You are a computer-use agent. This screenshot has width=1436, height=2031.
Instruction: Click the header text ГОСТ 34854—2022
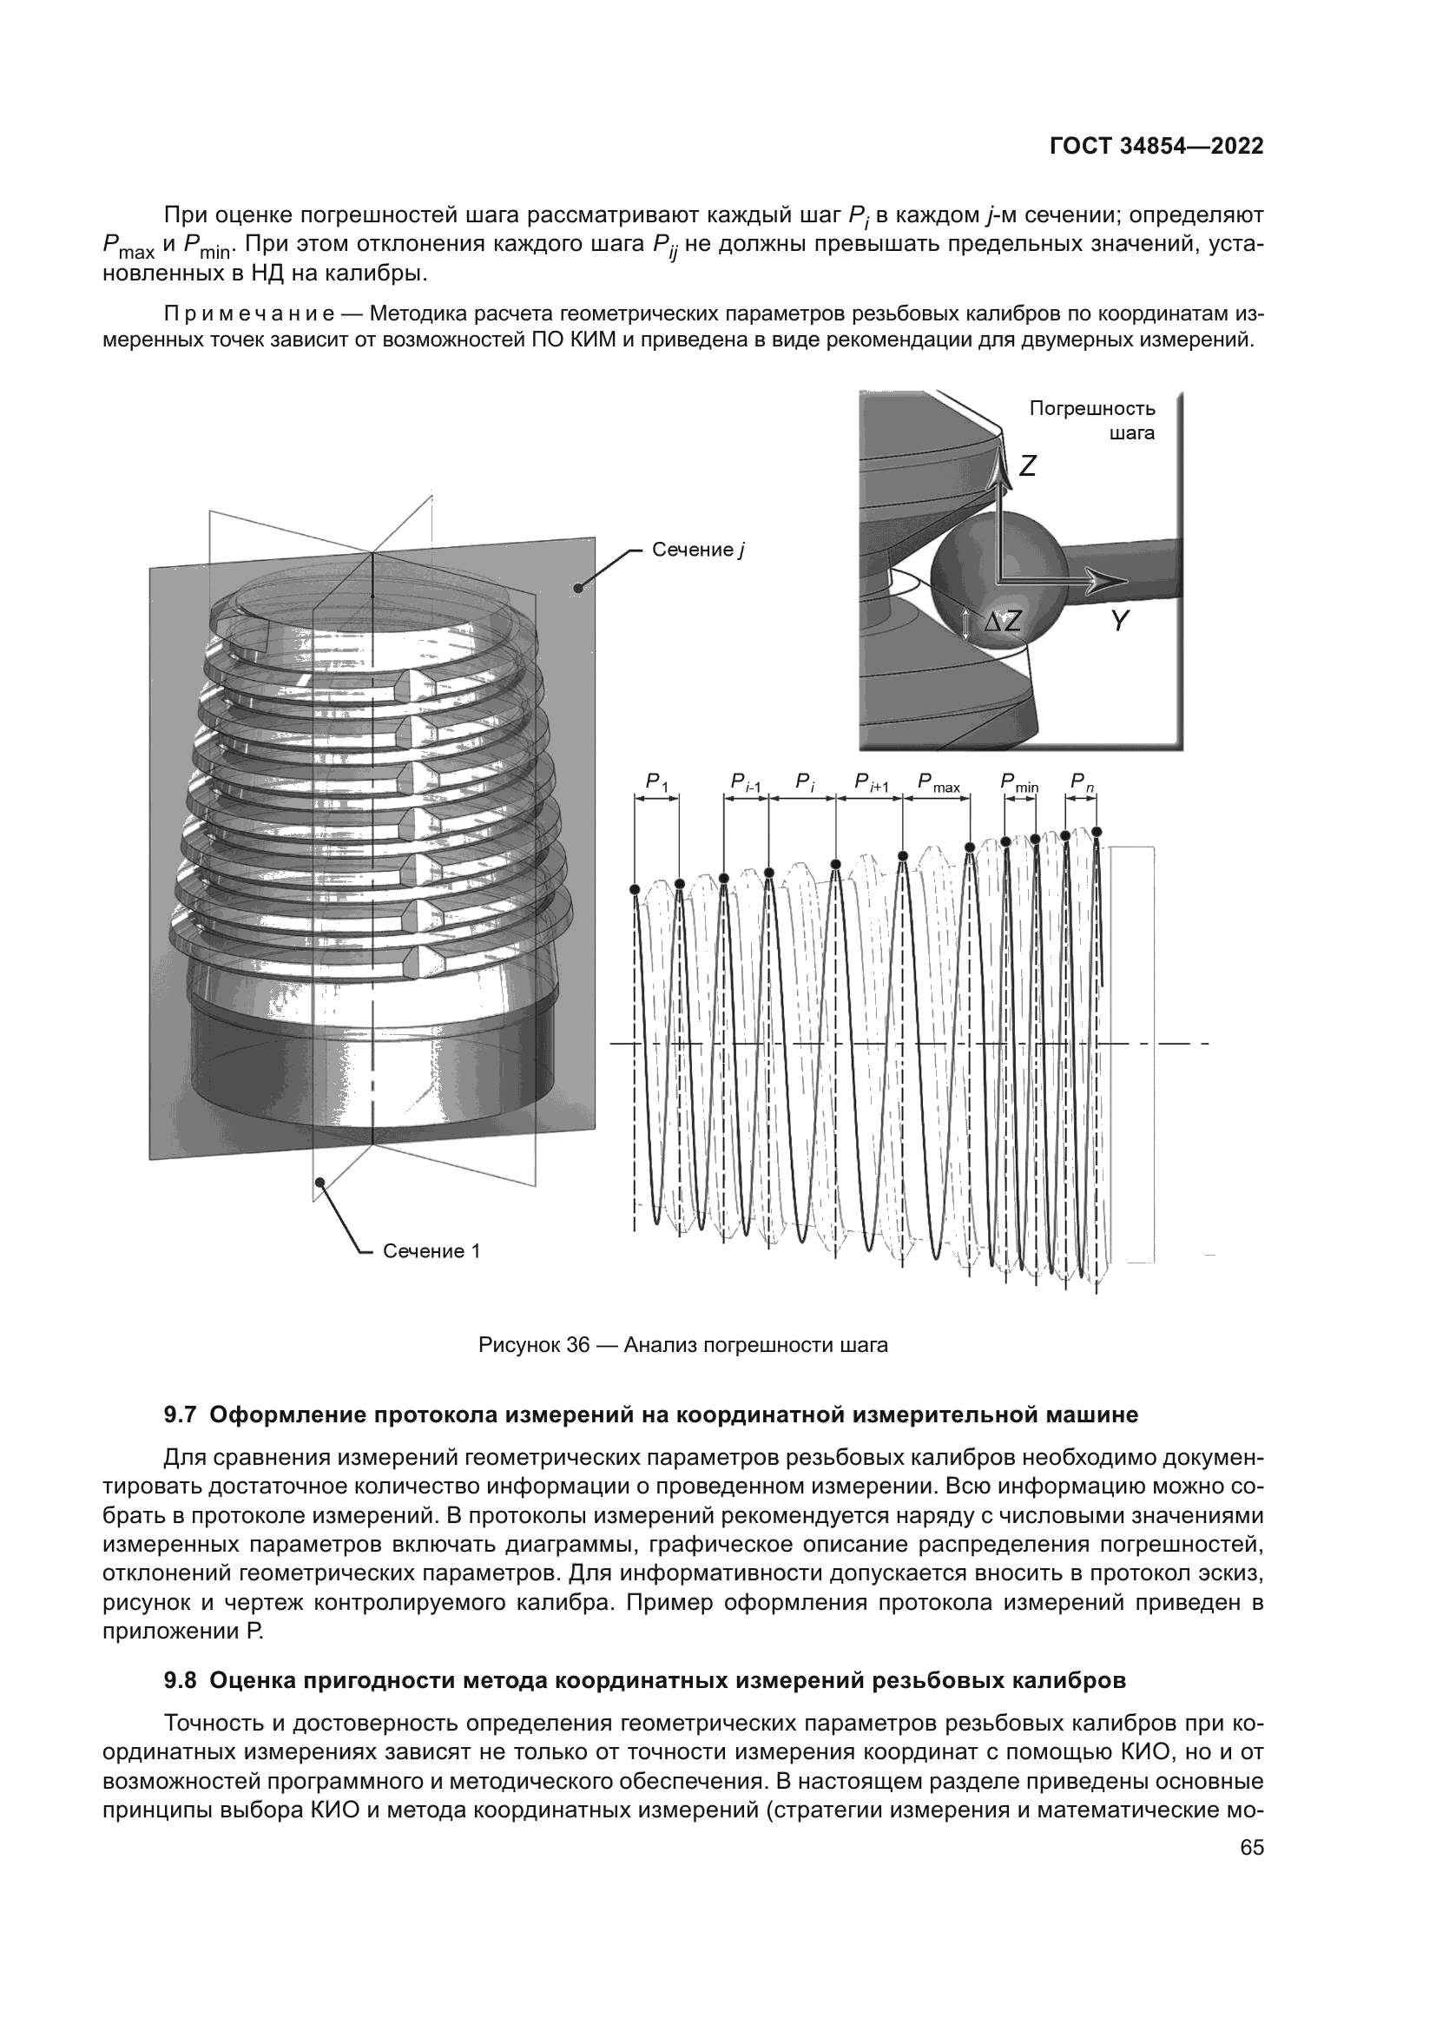point(1156,147)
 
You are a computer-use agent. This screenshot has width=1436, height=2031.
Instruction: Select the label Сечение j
point(698,551)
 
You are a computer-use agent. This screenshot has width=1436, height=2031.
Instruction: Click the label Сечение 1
point(431,1250)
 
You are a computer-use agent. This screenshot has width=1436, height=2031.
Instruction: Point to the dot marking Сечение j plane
point(578,586)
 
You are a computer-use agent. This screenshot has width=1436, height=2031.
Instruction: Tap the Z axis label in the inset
point(1026,466)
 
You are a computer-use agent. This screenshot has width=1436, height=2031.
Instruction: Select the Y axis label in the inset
point(1119,622)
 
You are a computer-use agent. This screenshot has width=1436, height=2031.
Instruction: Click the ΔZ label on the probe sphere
point(1003,622)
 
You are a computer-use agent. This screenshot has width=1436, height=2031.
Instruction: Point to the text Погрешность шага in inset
point(1093,420)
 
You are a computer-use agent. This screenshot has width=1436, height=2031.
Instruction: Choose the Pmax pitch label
point(939,783)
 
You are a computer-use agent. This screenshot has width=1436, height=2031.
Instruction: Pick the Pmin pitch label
point(1019,783)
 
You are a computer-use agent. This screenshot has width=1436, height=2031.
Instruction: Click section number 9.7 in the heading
point(180,1414)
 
